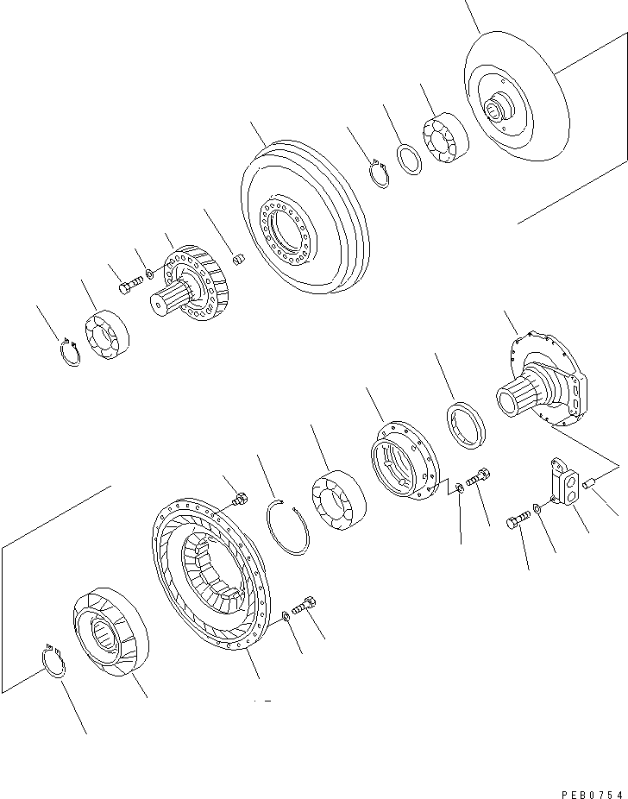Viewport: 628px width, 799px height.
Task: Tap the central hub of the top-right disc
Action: (x=498, y=110)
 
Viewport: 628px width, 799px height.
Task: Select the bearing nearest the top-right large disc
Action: (x=444, y=138)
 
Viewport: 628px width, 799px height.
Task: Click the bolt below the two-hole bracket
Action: (x=518, y=522)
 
